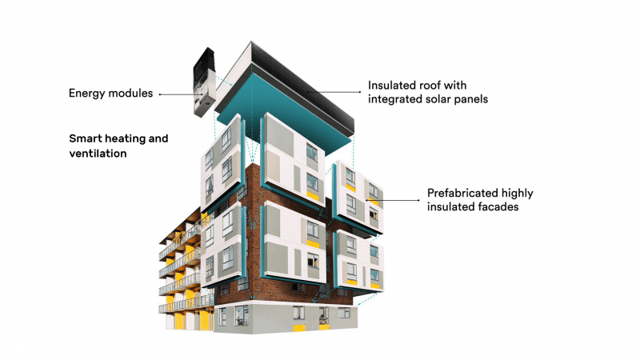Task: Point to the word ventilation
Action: tap(98, 154)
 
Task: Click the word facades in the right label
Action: tap(499, 207)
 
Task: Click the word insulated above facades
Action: tap(452, 207)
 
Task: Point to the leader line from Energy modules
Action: tap(179, 94)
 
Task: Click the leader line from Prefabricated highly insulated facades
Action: tap(392, 200)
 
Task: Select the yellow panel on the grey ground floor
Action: tap(298, 328)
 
